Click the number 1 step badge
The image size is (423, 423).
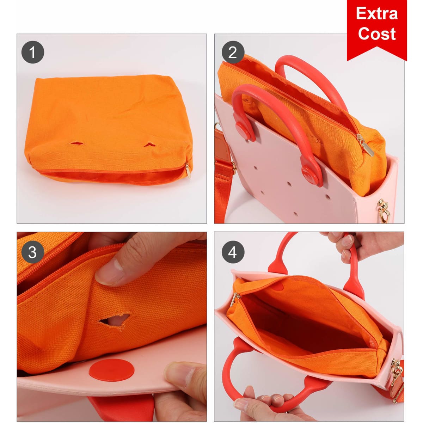coord(33,52)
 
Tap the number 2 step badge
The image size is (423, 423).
coord(233,52)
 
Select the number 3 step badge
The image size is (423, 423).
coord(33,252)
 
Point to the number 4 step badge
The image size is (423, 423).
coord(233,252)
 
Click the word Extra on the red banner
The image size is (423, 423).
coord(377,14)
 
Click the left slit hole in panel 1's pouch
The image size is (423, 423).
coord(77,143)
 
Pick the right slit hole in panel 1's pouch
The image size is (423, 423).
coord(150,144)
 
